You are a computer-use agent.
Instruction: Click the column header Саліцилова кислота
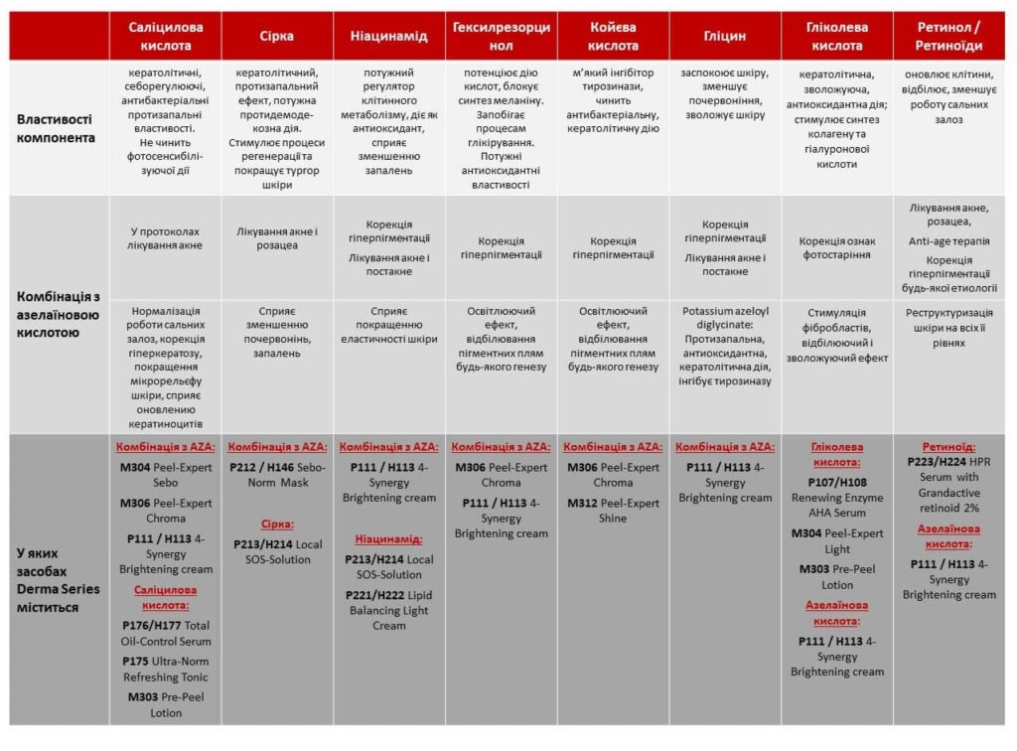coord(166,36)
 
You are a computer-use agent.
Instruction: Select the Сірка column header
coord(277,36)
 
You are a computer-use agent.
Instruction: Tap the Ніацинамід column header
coord(388,36)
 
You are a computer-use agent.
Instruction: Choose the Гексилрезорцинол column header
coord(501,36)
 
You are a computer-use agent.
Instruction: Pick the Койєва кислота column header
coord(613,36)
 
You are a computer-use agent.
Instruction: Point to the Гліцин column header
coord(724,36)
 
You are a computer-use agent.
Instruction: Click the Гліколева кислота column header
coord(837,36)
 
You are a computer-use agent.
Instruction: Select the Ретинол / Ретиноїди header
coord(948,36)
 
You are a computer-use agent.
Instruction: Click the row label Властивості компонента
coord(58,128)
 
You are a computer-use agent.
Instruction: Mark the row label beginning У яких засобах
coord(58,579)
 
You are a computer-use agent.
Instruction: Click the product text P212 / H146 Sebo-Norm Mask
coord(277,475)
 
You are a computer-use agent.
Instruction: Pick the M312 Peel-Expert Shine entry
coord(613,511)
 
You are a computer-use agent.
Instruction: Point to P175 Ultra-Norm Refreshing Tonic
coord(166,669)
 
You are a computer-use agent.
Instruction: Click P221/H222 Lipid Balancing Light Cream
coord(388,610)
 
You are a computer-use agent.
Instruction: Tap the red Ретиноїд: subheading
coord(948,447)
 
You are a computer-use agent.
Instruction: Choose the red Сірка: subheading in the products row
coord(277,524)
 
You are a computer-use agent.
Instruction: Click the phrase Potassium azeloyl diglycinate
coord(724,318)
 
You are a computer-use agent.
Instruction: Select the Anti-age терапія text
coord(948,241)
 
